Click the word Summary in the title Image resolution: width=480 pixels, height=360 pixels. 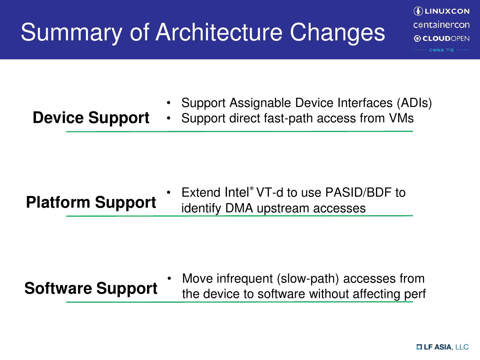71,33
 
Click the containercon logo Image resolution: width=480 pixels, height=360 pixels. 441,25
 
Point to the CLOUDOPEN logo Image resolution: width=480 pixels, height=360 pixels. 442,38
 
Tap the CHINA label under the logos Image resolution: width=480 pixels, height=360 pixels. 436,50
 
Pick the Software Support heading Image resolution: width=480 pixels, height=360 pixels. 91,289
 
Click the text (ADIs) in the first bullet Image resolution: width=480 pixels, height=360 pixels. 414,103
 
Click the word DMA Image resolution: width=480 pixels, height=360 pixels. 239,208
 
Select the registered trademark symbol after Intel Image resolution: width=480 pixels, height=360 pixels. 251,188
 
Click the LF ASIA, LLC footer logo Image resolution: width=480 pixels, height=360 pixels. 443,347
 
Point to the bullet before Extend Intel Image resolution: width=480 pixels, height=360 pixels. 168,193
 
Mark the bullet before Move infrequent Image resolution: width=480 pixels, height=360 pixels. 169,278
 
